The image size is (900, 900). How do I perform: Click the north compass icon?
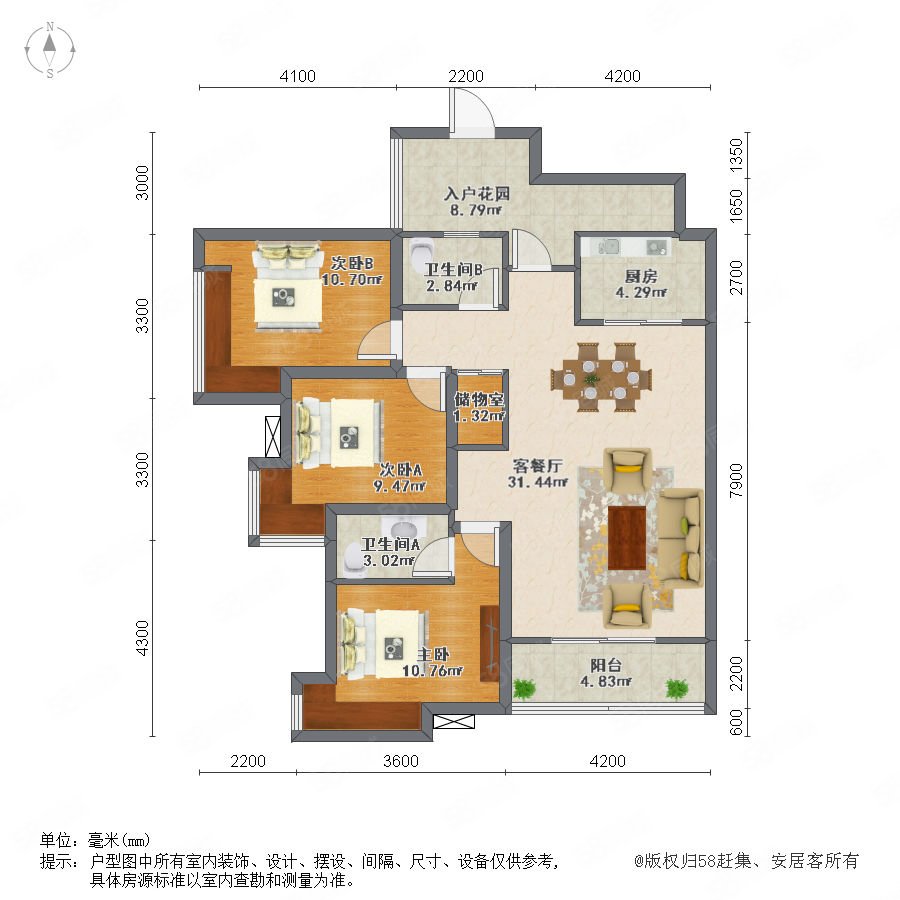pos(50,49)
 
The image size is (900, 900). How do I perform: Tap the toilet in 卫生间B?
pos(422,250)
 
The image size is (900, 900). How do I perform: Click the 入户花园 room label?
pos(477,194)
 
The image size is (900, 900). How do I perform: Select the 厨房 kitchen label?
pos(641,277)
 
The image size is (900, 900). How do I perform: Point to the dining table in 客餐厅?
pos(601,378)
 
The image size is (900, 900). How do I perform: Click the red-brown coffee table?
pos(627,538)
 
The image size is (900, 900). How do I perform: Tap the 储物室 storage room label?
pos(479,399)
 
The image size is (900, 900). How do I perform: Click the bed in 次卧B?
pos(288,286)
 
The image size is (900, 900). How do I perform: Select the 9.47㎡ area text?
pos(400,486)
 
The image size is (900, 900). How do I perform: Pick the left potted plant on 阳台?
pos(524,688)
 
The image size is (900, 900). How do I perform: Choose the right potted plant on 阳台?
pos(677,688)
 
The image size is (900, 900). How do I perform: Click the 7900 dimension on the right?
pos(736,480)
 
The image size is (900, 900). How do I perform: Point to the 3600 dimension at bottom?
pos(401,761)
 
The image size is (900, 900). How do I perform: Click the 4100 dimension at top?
pos(297,76)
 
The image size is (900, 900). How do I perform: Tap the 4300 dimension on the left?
pos(142,638)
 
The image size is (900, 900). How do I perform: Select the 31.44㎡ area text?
pos(538,482)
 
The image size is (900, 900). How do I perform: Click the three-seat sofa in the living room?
pos(681,538)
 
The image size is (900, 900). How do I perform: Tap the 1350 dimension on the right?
pos(736,154)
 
